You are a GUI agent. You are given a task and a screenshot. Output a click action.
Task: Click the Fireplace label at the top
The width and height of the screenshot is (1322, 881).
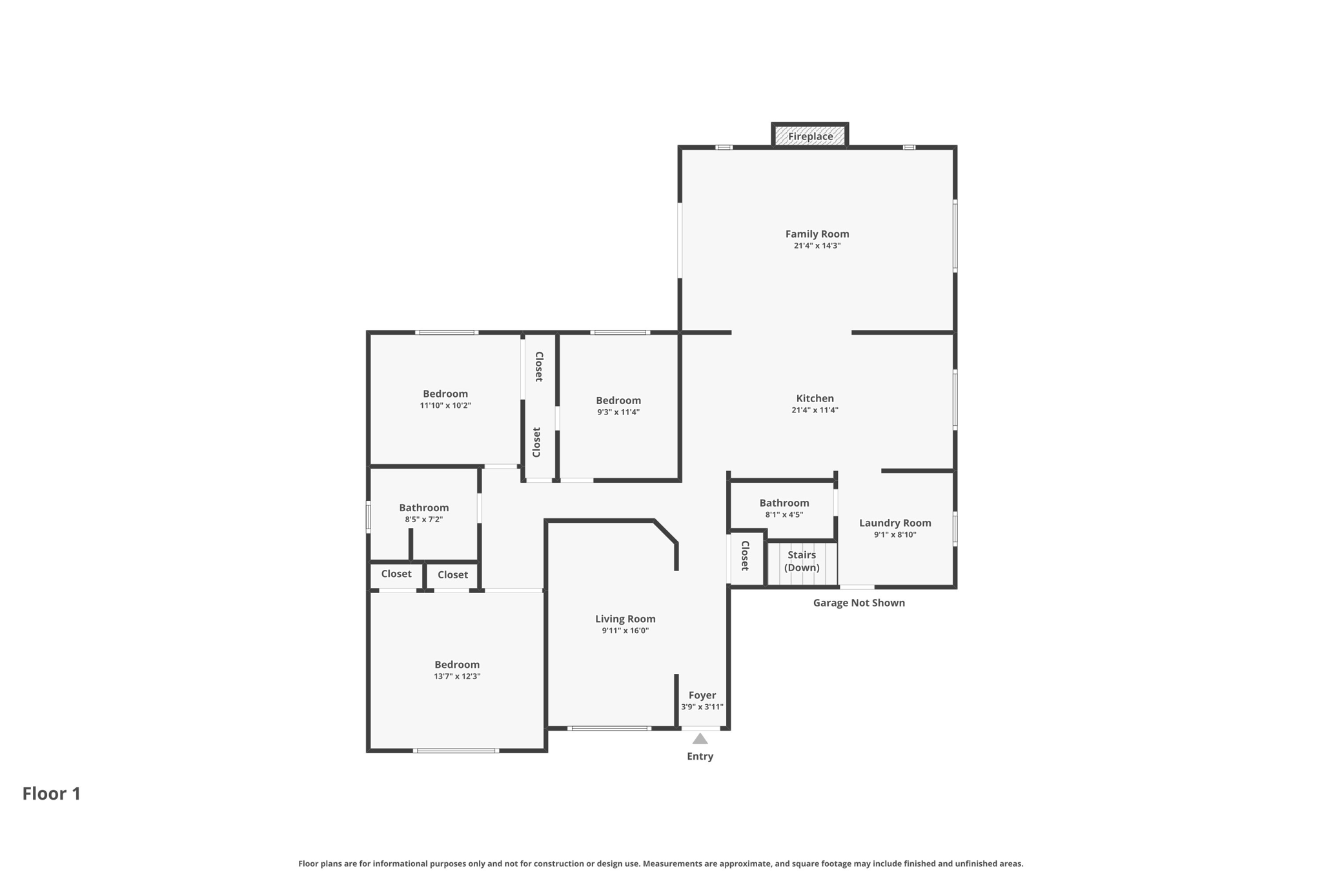point(810,136)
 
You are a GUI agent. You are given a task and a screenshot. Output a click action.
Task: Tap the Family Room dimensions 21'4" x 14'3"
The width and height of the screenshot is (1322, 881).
point(817,246)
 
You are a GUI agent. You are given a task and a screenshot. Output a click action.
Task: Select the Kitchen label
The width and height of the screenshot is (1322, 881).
point(815,398)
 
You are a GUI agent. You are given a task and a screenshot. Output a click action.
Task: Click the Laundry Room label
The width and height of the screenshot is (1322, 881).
point(895,523)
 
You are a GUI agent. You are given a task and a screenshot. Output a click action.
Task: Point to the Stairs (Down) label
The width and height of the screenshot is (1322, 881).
point(802,561)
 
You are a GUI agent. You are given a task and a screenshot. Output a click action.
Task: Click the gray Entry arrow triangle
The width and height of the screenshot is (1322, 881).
point(700,739)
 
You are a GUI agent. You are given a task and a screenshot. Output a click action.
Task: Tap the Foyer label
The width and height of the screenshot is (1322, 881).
point(702,695)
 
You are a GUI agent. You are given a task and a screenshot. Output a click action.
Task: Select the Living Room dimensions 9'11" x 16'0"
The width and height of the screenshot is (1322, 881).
point(625,631)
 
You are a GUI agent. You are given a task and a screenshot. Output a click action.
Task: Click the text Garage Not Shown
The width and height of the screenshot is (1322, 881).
point(859,603)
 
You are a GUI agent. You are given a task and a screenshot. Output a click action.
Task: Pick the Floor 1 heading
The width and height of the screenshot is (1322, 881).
point(52,793)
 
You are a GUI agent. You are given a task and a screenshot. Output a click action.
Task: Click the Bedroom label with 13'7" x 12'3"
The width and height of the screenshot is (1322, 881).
point(456,664)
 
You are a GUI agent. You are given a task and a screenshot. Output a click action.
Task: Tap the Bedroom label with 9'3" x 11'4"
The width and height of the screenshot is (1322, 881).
point(618,400)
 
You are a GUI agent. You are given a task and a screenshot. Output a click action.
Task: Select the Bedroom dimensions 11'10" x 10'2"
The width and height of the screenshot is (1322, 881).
point(445,405)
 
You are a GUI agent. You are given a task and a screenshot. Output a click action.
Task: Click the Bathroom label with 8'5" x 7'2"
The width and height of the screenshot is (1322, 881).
point(423,507)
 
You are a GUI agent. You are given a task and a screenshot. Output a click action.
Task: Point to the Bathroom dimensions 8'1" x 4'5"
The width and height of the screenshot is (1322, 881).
point(784,514)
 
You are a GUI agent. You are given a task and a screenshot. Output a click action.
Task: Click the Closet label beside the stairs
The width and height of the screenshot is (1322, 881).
point(745,555)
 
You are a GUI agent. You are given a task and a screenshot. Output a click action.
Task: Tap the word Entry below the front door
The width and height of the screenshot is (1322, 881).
point(700,756)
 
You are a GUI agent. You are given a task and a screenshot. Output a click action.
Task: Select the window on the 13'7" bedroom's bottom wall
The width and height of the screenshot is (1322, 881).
point(456,751)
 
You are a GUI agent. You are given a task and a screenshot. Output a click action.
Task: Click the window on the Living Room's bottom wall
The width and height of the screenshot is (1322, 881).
point(609,728)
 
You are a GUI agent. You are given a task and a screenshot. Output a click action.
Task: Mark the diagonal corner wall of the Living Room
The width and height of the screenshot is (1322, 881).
point(666,531)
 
